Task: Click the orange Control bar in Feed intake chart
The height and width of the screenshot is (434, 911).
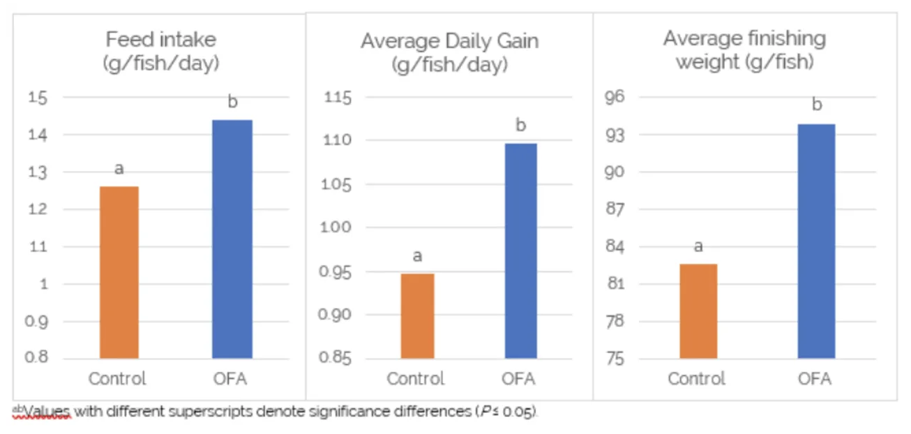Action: click(x=119, y=272)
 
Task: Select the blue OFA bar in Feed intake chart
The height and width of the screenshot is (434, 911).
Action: click(x=232, y=239)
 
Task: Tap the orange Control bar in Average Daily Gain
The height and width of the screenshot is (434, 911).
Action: click(x=416, y=315)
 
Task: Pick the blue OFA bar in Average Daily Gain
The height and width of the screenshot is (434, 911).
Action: click(x=520, y=250)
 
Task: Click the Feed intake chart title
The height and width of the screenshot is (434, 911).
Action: click(x=161, y=50)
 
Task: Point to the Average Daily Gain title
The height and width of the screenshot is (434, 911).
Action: click(x=449, y=52)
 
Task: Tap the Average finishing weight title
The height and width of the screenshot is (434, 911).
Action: click(x=744, y=49)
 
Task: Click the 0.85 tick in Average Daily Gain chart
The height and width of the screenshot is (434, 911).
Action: click(x=334, y=359)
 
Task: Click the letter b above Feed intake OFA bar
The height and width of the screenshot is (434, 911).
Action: click(x=232, y=103)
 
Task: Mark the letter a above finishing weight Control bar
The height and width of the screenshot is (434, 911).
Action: click(x=698, y=246)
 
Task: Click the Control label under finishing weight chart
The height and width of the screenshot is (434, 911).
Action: click(x=696, y=379)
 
